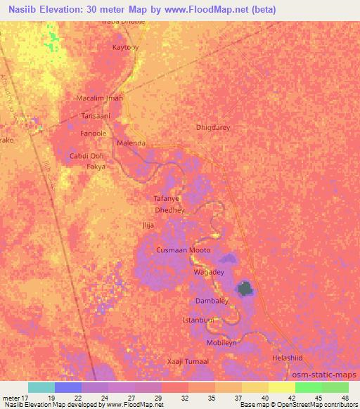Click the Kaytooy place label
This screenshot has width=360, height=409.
tap(126, 47)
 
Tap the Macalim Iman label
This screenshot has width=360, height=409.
tap(99, 98)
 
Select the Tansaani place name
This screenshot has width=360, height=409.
tap(96, 115)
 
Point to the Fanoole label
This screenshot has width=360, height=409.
tap(93, 133)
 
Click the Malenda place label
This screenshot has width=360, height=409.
tap(131, 143)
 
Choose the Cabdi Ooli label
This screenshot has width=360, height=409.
tap(86, 155)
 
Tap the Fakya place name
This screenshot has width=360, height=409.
tap(96, 167)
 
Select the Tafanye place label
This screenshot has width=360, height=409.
tap(167, 199)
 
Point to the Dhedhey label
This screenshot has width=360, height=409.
tap(169, 209)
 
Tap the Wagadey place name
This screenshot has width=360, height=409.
tap(208, 271)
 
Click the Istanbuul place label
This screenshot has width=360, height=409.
tap(198, 320)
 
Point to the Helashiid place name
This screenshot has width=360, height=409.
tap(287, 358)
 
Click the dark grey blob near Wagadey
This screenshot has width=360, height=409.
tap(245, 287)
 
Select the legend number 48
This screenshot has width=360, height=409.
tap(345, 398)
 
